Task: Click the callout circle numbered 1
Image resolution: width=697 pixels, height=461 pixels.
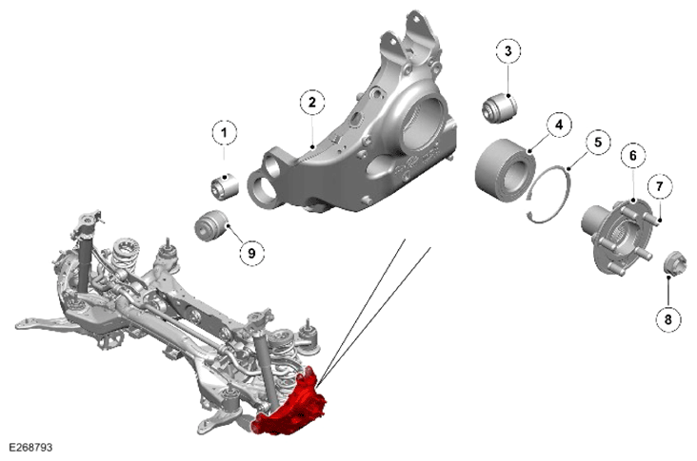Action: (x=224, y=133)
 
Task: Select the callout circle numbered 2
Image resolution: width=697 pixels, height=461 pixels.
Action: (x=312, y=103)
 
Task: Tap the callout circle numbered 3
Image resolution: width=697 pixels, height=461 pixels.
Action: (x=508, y=51)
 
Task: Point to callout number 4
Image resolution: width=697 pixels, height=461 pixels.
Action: (x=559, y=125)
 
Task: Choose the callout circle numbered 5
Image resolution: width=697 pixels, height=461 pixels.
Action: (x=598, y=143)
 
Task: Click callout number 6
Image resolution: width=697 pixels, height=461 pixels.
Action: (x=632, y=156)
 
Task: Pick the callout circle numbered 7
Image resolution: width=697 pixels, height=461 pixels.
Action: (x=659, y=186)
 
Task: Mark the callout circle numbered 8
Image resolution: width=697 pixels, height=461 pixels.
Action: (x=668, y=318)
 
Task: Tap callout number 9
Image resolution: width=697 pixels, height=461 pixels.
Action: (x=251, y=254)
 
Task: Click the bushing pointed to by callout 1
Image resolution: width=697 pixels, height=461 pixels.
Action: (x=225, y=186)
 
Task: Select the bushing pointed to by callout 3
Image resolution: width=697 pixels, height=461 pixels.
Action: (x=500, y=107)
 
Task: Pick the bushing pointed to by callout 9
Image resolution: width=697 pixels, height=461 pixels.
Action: (x=211, y=226)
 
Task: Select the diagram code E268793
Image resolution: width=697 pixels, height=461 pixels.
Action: (x=30, y=448)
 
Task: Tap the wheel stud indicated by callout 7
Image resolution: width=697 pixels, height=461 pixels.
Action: (x=649, y=218)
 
